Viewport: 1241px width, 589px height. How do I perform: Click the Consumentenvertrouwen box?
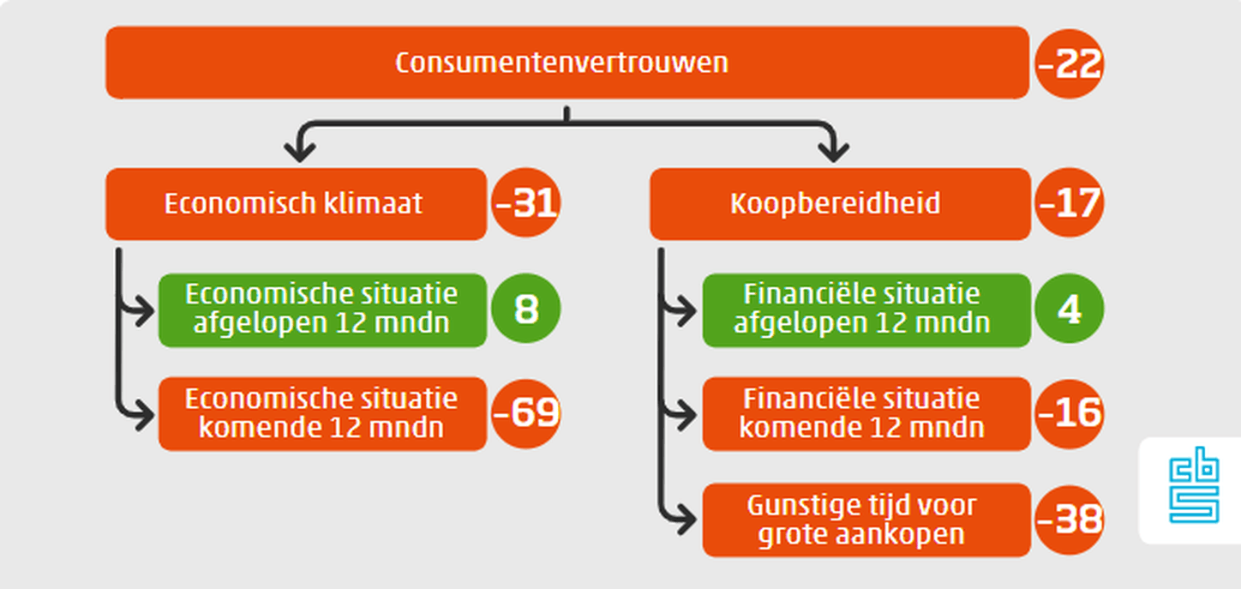coord(567,63)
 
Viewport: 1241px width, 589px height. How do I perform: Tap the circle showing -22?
coord(1069,63)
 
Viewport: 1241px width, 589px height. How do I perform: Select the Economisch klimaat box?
coord(296,204)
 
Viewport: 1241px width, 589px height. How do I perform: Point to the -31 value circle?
coord(525,203)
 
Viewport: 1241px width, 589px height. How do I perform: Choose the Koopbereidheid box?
coord(840,204)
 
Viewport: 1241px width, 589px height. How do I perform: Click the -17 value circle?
coord(1069,203)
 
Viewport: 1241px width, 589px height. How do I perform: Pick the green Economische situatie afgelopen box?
coord(322,310)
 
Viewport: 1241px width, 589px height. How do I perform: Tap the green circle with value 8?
coord(525,308)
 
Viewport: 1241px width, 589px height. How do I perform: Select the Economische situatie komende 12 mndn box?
coord(322,414)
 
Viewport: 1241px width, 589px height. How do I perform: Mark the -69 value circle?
coord(525,413)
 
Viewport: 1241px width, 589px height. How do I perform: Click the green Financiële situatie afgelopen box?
coord(866,310)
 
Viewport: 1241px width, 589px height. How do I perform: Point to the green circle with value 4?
coord(1069,308)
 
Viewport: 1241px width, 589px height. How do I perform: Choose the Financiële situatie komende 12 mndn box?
coord(866,414)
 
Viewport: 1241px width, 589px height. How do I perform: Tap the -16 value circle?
coord(1069,413)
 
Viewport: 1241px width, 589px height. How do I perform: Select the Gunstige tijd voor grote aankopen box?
coord(866,520)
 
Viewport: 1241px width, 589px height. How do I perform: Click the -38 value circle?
coord(1069,520)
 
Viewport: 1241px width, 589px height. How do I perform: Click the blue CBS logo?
coord(1194,485)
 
